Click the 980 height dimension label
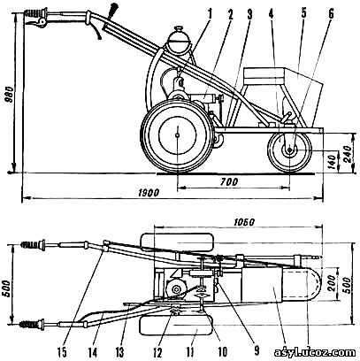11,96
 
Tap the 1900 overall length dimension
149,193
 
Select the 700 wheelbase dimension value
228,182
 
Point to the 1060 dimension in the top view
243,222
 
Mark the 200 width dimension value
332,283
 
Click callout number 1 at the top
210,15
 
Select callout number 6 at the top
331,15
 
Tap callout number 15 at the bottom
64,352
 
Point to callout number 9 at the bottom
257,352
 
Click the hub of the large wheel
177,135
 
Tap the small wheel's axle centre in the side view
289,150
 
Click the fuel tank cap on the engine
179,29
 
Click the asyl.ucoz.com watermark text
315,352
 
